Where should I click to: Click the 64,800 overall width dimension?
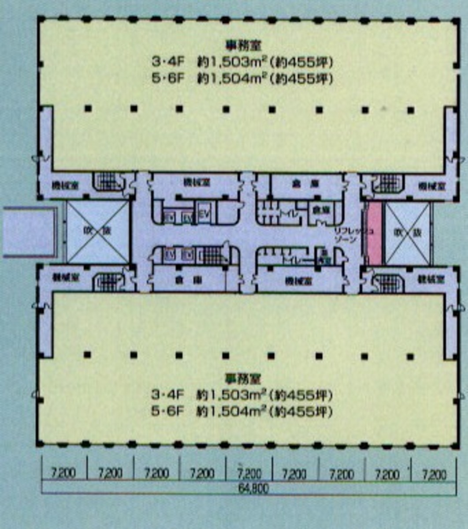click(x=253, y=488)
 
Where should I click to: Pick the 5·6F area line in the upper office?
click(x=241, y=79)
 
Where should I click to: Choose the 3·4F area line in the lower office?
click(x=241, y=394)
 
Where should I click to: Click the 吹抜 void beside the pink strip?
click(x=407, y=233)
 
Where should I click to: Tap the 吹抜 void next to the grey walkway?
click(x=97, y=231)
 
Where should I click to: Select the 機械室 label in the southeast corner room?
click(x=431, y=279)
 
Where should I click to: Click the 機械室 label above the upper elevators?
click(x=196, y=182)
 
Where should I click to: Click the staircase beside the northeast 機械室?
click(x=388, y=184)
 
